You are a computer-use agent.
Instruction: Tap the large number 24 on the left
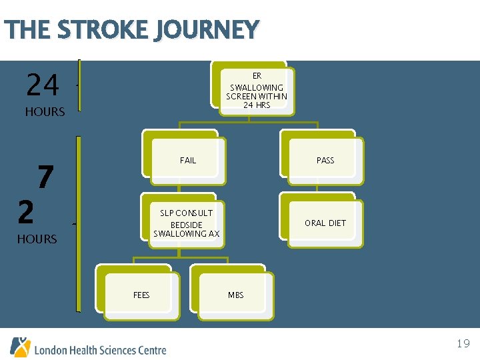[43, 85]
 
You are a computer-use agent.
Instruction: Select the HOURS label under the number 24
[45, 112]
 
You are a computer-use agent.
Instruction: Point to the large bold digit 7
[45, 178]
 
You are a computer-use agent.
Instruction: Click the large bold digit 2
[25, 212]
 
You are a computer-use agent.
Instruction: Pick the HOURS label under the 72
[37, 239]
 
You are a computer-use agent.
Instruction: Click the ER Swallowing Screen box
[256, 90]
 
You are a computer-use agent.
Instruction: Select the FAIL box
[187, 161]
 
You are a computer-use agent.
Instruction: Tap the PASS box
[325, 161]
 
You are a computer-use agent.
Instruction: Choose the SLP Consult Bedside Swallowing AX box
[186, 223]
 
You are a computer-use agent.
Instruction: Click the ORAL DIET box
[325, 223]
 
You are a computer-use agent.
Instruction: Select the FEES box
[141, 295]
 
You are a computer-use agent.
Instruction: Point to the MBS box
[235, 295]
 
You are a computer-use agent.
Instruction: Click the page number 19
[463, 344]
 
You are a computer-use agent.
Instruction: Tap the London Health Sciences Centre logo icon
[20, 347]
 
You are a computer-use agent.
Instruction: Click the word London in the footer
[51, 350]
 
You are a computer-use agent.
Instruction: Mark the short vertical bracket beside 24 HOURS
[79, 85]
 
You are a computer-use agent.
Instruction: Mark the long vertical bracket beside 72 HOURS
[79, 224]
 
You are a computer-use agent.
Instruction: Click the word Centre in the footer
[151, 350]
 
